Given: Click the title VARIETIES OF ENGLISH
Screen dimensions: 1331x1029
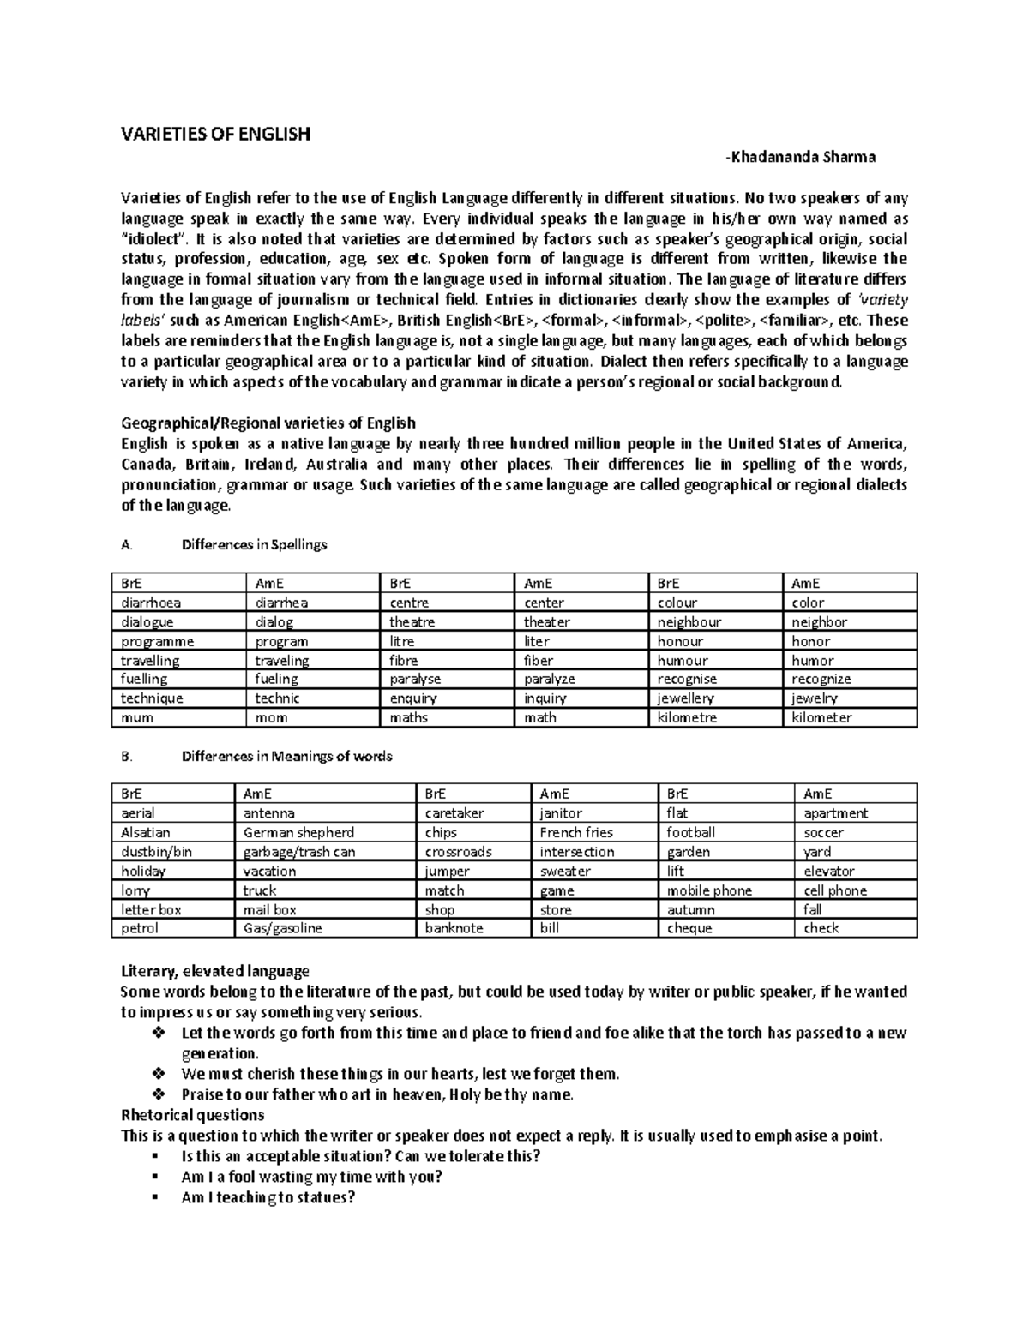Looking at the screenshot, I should click(215, 135).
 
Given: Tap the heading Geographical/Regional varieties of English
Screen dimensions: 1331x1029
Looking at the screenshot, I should click(268, 423).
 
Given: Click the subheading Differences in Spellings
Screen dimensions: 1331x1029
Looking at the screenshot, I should click(254, 544).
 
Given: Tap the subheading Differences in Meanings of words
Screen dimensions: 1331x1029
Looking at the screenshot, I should click(286, 756).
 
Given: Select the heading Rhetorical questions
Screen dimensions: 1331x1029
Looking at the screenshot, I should click(193, 1115).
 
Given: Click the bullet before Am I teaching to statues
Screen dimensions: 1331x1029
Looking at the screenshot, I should click(155, 1198).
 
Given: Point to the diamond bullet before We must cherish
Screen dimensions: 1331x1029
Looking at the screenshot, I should click(156, 1074).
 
